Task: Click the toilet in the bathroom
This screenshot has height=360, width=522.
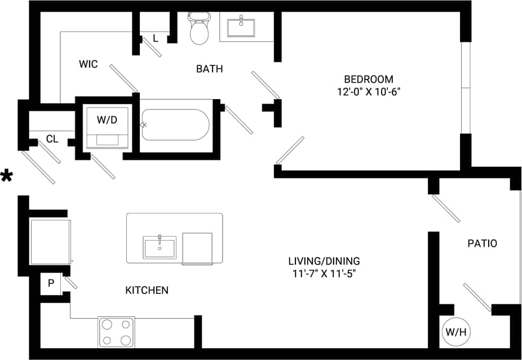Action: [199, 29]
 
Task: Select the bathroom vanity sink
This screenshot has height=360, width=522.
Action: [241, 26]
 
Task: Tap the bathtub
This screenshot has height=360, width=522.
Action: [175, 125]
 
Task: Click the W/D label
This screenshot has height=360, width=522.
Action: [107, 119]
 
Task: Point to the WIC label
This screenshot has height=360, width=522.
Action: [89, 64]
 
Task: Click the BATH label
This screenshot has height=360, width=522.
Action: [209, 69]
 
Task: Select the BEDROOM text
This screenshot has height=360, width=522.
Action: [369, 79]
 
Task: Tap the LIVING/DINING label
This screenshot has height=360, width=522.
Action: [324, 261]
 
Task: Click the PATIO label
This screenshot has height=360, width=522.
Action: [482, 243]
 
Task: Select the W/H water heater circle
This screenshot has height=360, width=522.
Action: [456, 332]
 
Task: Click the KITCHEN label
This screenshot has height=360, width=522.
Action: [147, 290]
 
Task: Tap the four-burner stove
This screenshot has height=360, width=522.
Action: [116, 332]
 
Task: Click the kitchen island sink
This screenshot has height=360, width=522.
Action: [160, 247]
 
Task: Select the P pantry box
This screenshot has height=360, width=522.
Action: [51, 283]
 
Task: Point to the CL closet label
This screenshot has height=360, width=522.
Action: [52, 138]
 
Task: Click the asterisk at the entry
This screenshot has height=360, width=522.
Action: [7, 176]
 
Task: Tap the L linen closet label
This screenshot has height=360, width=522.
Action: [156, 39]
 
